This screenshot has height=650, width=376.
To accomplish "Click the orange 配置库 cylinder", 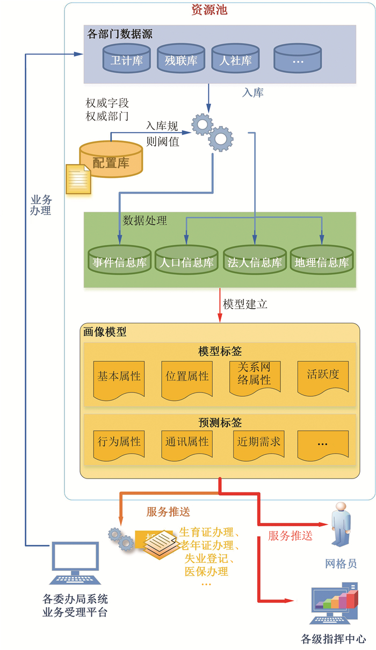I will [x=111, y=159].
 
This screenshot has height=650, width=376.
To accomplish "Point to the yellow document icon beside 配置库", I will [x=78, y=178].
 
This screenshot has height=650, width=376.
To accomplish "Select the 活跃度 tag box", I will [x=323, y=376].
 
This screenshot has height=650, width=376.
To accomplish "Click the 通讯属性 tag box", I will [x=187, y=444].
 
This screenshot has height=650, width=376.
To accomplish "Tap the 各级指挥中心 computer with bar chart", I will [x=334, y=605].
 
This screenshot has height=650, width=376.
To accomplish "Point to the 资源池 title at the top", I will [x=213, y=10].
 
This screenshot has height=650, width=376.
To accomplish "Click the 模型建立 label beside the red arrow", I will [x=245, y=304].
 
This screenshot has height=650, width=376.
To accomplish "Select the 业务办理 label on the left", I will [x=41, y=205].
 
